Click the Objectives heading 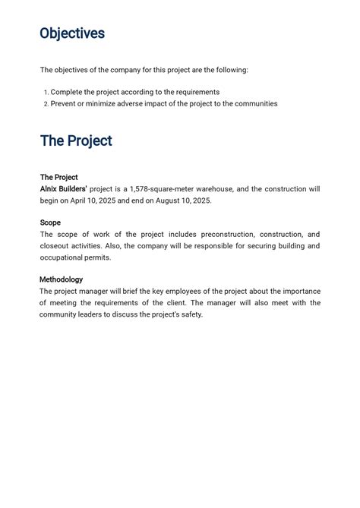[72, 34]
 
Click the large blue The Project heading [76, 141]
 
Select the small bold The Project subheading [58, 177]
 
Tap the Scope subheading [50, 222]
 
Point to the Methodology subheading [62, 279]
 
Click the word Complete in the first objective [67, 92]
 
